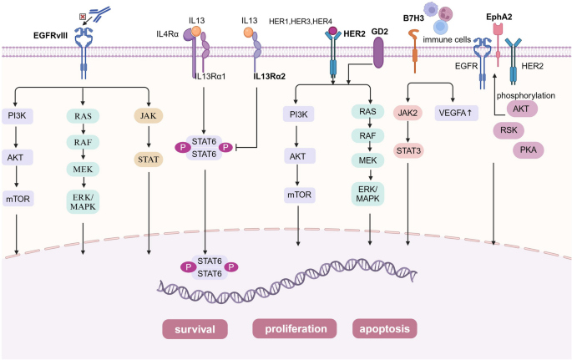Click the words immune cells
tap(448, 39)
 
